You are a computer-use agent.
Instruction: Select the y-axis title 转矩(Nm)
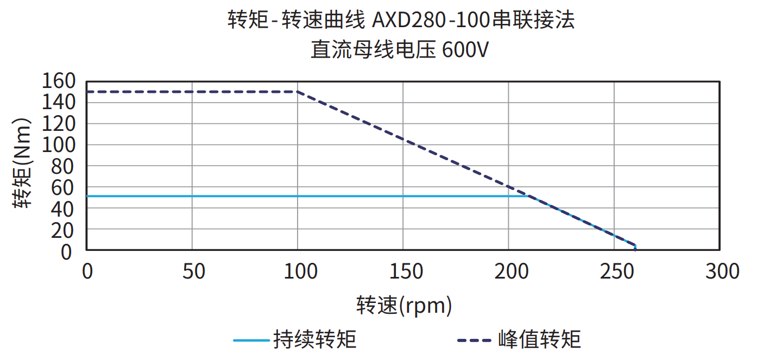[23, 163]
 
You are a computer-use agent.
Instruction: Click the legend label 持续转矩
[316, 340]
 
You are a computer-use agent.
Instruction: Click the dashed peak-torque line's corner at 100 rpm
[298, 92]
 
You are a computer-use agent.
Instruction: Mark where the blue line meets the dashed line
[528, 196]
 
